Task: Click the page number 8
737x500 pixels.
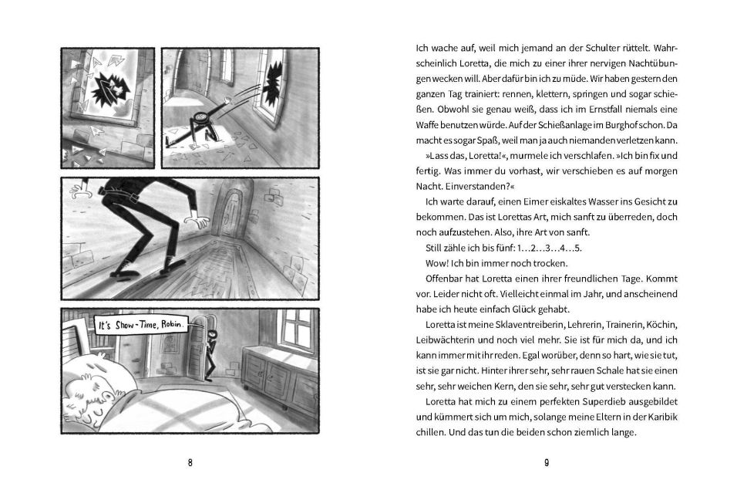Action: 190,463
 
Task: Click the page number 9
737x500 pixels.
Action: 546,463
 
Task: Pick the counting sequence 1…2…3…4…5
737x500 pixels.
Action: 539,248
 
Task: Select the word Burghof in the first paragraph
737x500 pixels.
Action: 611,124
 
